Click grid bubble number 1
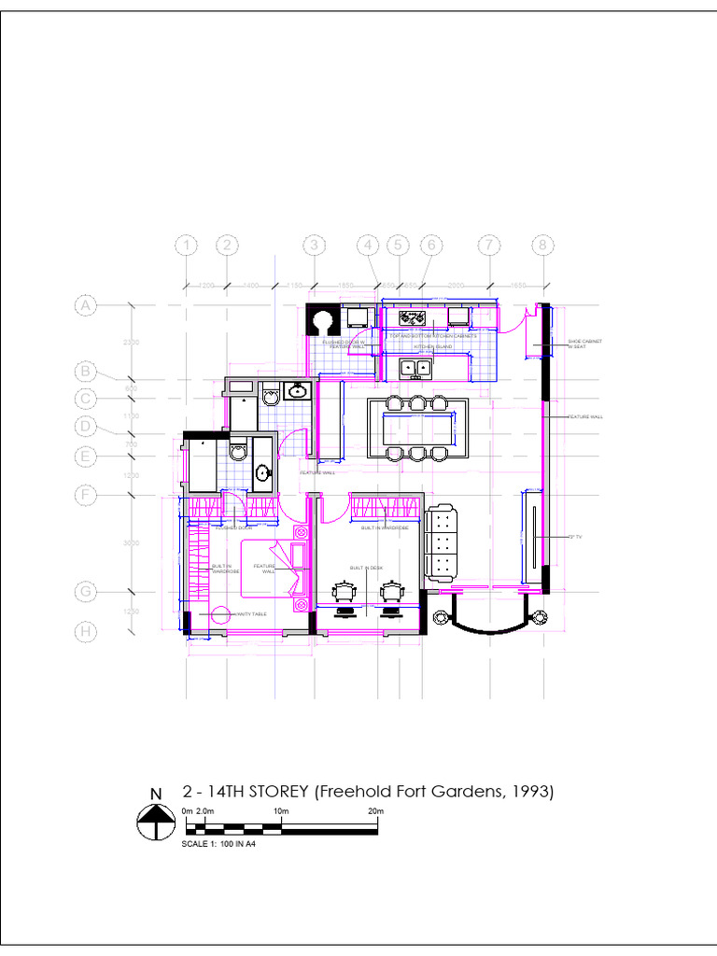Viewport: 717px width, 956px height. click(x=188, y=246)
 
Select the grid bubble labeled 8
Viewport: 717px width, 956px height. click(x=543, y=246)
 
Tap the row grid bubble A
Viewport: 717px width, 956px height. click(x=86, y=305)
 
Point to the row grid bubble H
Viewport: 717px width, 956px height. click(x=86, y=632)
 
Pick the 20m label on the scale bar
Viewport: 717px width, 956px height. click(x=375, y=811)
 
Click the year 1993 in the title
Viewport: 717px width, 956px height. click(x=531, y=792)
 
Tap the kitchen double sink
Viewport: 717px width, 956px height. click(x=415, y=368)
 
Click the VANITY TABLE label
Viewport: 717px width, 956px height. click(x=252, y=613)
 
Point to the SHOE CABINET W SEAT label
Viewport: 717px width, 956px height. click(x=584, y=344)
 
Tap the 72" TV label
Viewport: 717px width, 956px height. click(x=575, y=537)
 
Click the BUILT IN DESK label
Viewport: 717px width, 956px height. click(x=366, y=568)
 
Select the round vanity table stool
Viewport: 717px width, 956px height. click(x=221, y=615)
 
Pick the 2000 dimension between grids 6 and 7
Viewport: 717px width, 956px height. click(x=457, y=285)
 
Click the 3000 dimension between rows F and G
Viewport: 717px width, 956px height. click(x=132, y=542)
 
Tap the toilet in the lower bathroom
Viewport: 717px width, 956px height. click(x=237, y=453)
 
